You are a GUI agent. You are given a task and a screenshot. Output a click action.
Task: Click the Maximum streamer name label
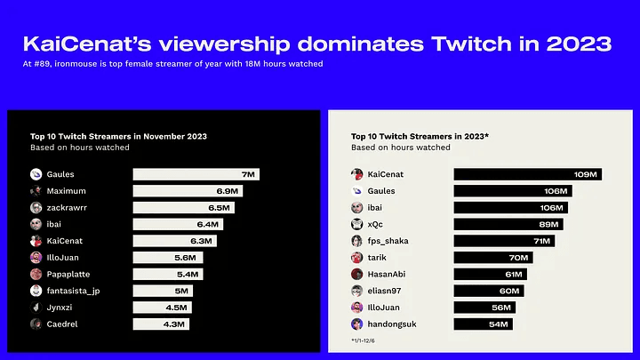[69, 191]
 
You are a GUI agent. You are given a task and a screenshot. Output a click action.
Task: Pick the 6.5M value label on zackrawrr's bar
[219, 207]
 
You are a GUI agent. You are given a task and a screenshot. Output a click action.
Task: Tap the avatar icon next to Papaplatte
[36, 274]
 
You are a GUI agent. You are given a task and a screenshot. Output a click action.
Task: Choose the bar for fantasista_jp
[162, 291]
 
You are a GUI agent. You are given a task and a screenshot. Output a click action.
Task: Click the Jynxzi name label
[62, 307]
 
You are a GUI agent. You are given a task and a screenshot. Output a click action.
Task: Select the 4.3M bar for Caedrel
[157, 324]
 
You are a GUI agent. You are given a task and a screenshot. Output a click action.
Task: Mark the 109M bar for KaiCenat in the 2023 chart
[527, 174]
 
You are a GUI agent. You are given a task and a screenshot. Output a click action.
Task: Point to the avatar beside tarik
[356, 257]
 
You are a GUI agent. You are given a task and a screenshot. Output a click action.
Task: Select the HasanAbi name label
[387, 274]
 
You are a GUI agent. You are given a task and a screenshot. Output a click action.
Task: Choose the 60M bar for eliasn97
[488, 291]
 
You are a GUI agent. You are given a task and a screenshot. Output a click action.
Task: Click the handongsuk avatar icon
[356, 324]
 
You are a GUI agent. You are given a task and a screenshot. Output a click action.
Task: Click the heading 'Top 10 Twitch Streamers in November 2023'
[118, 137]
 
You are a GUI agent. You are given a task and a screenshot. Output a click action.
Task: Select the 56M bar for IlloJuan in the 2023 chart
[486, 307]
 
